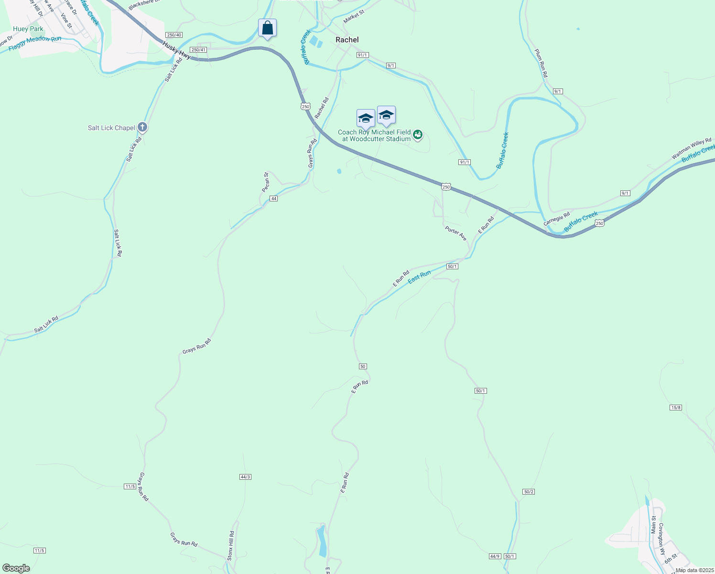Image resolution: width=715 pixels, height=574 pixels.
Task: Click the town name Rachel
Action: coord(347,40)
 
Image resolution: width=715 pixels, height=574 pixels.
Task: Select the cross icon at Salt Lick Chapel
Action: coord(142,127)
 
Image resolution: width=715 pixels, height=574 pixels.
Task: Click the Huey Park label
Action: coord(28,29)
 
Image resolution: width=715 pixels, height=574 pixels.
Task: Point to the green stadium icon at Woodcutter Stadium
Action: coord(418,135)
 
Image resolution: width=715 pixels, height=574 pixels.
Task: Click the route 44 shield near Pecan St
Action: coord(273,199)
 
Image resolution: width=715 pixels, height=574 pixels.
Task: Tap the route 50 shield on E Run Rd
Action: coord(363,366)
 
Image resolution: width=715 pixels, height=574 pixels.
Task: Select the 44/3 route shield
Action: coord(245,477)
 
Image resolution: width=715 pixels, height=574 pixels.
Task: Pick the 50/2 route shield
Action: coord(528,492)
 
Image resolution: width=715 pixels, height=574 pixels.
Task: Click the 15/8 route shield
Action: coord(675,408)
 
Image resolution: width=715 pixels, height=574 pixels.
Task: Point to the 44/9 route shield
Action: coord(495,556)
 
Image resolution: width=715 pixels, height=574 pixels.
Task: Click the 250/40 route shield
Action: coord(174,35)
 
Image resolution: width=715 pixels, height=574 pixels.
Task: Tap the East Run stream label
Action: coord(419,277)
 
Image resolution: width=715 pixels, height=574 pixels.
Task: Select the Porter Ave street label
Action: coord(455,233)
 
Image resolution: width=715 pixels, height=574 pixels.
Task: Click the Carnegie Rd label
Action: coord(557,220)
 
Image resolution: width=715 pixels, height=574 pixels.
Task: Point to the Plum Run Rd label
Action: coord(541,63)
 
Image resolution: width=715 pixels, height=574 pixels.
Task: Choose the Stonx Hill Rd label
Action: coord(231,546)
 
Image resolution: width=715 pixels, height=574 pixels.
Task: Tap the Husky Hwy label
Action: coord(176,51)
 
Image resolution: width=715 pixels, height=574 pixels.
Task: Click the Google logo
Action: coord(16,568)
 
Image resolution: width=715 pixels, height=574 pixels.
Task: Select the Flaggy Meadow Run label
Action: coord(35,44)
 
